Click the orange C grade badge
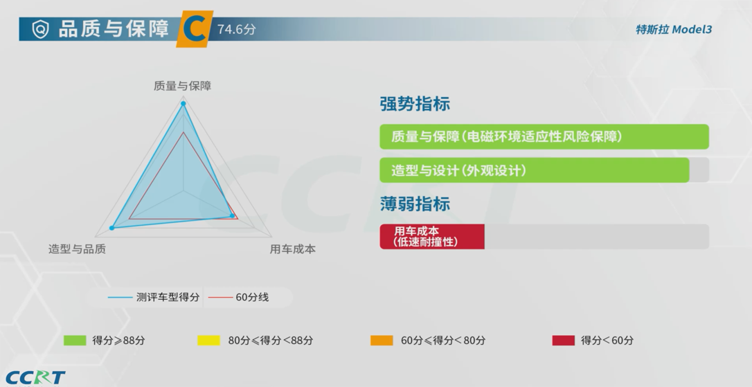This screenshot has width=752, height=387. pos(195,29)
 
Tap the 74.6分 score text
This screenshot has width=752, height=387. pos(236,29)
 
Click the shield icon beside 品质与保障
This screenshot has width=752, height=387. pos(40,29)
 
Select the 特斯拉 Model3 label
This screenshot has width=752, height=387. pos(674,29)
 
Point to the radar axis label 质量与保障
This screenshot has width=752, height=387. pos(182,86)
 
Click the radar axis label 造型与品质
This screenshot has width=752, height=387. pos(77,249)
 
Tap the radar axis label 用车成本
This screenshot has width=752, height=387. pos(292,249)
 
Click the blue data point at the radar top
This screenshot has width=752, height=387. pos(183,103)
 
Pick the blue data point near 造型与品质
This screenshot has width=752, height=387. pos(112,228)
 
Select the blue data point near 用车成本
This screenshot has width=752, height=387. pos(233,216)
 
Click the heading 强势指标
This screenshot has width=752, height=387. pos(415,104)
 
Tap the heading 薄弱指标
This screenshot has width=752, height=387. pos(415,204)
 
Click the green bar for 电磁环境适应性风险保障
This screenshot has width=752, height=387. pos(544,136)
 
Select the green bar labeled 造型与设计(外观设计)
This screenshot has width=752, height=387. pos(535,170)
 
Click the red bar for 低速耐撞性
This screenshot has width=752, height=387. pos(432,236)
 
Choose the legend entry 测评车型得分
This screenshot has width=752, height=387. pos(154,297)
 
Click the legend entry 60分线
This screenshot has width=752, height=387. pos(238,297)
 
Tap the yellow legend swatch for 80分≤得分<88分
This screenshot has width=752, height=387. pos(208,341)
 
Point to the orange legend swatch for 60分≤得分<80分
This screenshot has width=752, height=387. pos(382,341)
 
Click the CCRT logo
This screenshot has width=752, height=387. pos(35,377)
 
